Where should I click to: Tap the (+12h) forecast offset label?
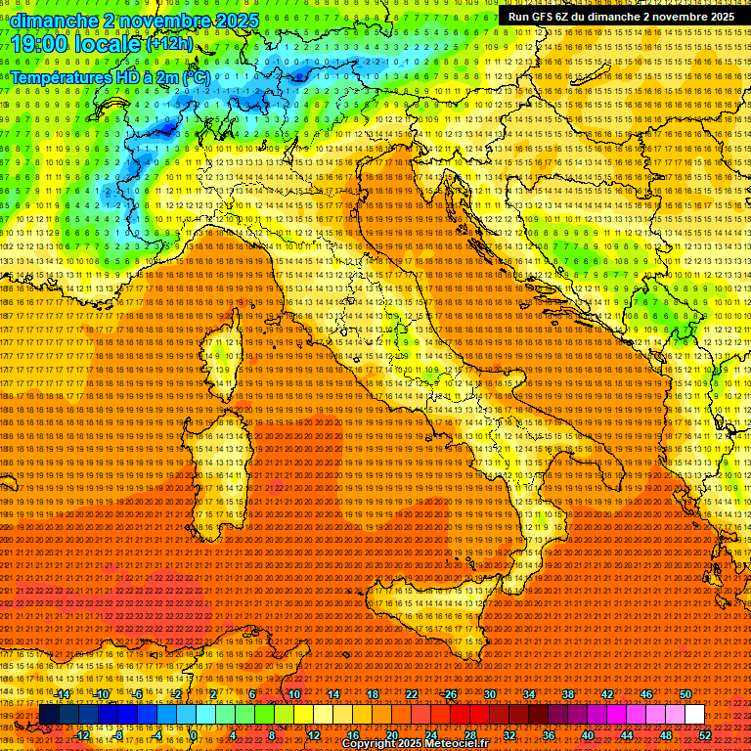coord(171,45)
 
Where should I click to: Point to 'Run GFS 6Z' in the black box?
coord(542,17)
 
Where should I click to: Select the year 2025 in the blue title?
coord(236,20)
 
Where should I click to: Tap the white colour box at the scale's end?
coord(694,715)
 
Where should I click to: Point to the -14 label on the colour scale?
coord(64,694)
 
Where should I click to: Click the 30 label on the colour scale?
coord(489,694)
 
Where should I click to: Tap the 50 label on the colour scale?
coord(685,694)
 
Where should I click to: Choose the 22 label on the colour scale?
coord(411,694)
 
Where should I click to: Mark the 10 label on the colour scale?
coord(293,694)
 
